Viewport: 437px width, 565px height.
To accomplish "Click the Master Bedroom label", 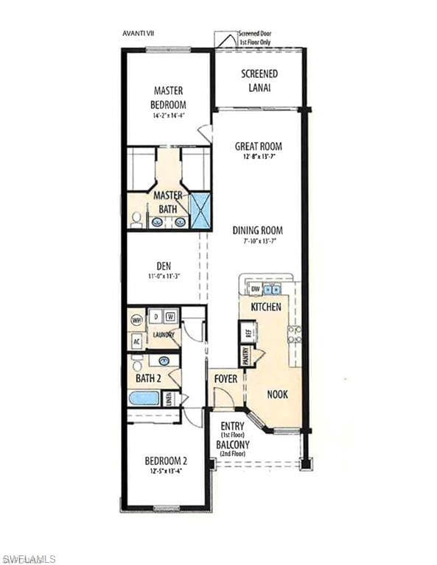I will pos(168,97).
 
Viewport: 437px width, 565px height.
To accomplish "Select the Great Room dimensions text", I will pos(259,157).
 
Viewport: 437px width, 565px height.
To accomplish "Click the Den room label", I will pos(164,266).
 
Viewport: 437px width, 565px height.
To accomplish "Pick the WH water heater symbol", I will pos(136,321).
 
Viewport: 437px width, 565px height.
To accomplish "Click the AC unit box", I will pos(137,341).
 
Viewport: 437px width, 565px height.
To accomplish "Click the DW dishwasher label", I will pos(256,290).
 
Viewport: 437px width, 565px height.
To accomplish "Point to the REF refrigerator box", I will pos(248,332).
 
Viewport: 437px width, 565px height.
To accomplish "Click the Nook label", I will pos(277,394).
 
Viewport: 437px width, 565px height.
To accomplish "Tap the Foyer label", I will pos(226,378).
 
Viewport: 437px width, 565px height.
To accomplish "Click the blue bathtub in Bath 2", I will pos(144,399).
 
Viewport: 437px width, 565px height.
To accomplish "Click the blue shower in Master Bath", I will pos(200,210).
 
